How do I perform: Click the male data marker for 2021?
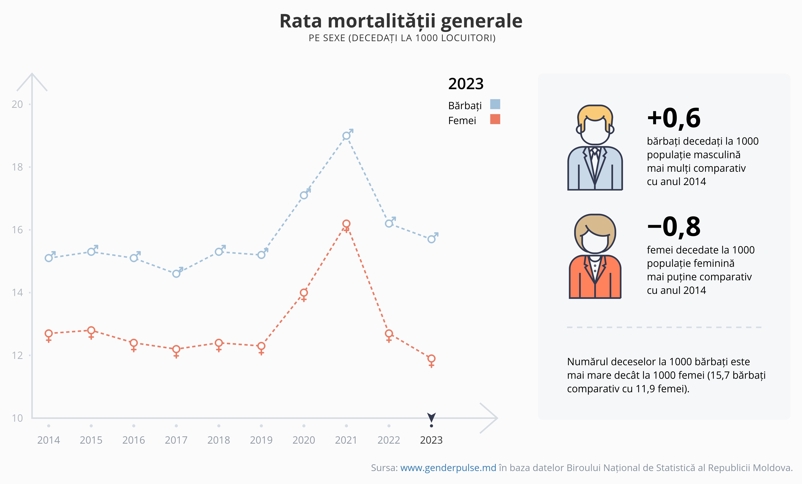(x=346, y=136)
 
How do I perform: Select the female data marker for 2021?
(x=346, y=224)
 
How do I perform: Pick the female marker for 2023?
(x=431, y=359)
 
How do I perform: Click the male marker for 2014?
(x=49, y=258)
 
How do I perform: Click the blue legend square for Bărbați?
(x=495, y=104)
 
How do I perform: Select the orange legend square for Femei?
(x=495, y=119)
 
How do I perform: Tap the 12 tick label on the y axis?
(x=18, y=355)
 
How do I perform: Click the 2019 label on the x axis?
(x=261, y=440)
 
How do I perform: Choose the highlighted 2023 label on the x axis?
(x=431, y=440)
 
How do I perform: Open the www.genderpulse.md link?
(x=448, y=468)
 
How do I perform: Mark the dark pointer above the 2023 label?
(x=431, y=417)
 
